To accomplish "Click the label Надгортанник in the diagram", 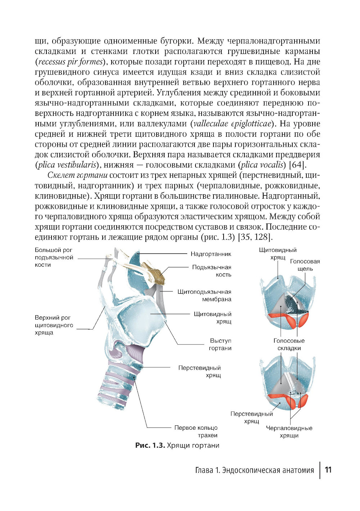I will tap(211, 254).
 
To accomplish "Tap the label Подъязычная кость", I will tap(212, 271).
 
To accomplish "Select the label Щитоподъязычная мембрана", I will tap(204, 295).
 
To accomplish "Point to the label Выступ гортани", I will tap(220, 344).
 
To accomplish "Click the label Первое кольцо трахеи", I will tap(196, 431).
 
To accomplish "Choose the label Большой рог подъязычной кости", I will tap(54, 257).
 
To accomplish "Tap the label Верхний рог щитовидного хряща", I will tap(54, 325).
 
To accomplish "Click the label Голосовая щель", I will tap(305, 265).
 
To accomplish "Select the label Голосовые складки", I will tap(289, 344).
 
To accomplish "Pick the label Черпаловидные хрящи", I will tap(289, 432).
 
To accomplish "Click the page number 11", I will tap(328, 470).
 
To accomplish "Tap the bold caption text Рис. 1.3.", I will tap(150, 446).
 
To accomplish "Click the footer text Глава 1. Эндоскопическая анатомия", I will tap(254, 470).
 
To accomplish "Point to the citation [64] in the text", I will tap(298, 165).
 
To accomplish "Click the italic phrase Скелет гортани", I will tap(77, 176).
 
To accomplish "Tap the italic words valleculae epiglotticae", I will tap(232, 124).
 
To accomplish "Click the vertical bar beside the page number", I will tap(320, 470).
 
